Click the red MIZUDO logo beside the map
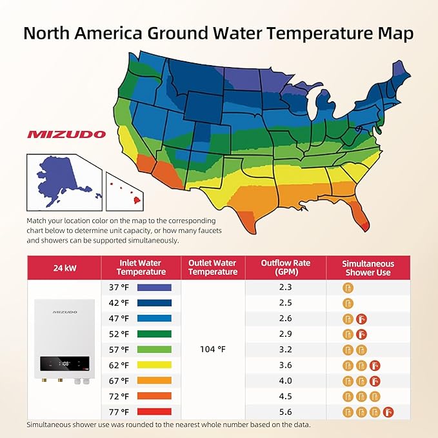[66, 135]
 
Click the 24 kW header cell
[64, 267]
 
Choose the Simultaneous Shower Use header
[367, 267]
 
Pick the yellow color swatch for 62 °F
[154, 365]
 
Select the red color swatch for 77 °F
[154, 412]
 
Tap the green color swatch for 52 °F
[154, 334]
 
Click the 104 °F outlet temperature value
[212, 350]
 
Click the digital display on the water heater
[65, 363]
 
